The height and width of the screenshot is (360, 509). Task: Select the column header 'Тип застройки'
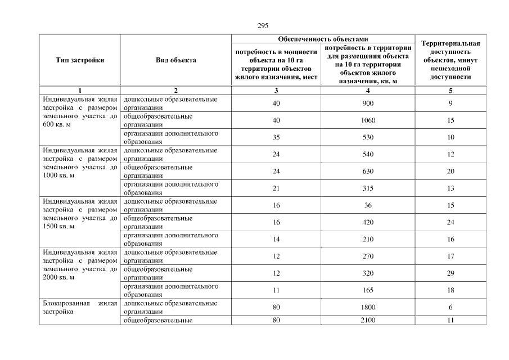(x=80, y=60)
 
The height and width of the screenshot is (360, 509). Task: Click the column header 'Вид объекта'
(x=176, y=60)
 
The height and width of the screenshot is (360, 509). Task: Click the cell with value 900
(x=368, y=103)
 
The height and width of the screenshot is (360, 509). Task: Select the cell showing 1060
(x=368, y=120)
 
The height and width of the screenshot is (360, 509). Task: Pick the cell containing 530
(x=368, y=137)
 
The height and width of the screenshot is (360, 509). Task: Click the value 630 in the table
(x=368, y=171)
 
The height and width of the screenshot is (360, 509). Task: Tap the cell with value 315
(x=368, y=188)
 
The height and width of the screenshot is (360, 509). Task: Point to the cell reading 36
(x=368, y=205)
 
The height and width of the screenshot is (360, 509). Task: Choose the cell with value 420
(x=368, y=222)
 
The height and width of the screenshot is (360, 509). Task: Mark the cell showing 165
(x=368, y=290)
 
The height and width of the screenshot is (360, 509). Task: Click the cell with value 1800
(x=368, y=307)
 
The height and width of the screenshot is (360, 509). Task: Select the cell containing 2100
(x=368, y=321)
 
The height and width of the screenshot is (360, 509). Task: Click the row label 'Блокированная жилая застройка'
(x=80, y=307)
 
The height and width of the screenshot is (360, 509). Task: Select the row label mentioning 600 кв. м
(x=80, y=112)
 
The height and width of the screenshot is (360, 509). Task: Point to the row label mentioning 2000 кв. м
(x=80, y=264)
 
